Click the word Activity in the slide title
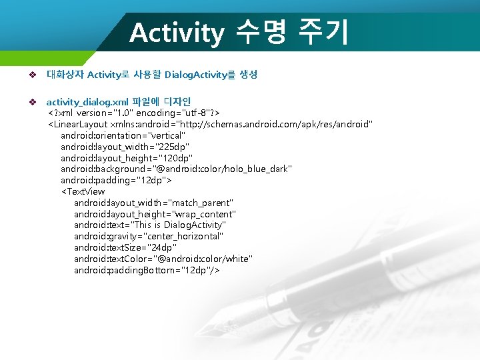pyautogui.click(x=176, y=33)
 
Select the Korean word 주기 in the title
pyautogui.click(x=323, y=32)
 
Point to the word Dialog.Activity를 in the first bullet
pyautogui.click(x=199, y=75)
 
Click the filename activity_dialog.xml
pyautogui.click(x=87, y=102)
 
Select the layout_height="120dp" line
pyautogui.click(x=127, y=158)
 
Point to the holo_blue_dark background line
pyautogui.click(x=176, y=169)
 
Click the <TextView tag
pyautogui.click(x=83, y=192)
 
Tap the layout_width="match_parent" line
pyautogui.click(x=153, y=203)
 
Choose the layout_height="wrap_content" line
pyautogui.click(x=155, y=214)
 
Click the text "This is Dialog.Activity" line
pyautogui.click(x=150, y=225)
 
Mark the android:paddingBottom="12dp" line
pyautogui.click(x=147, y=271)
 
